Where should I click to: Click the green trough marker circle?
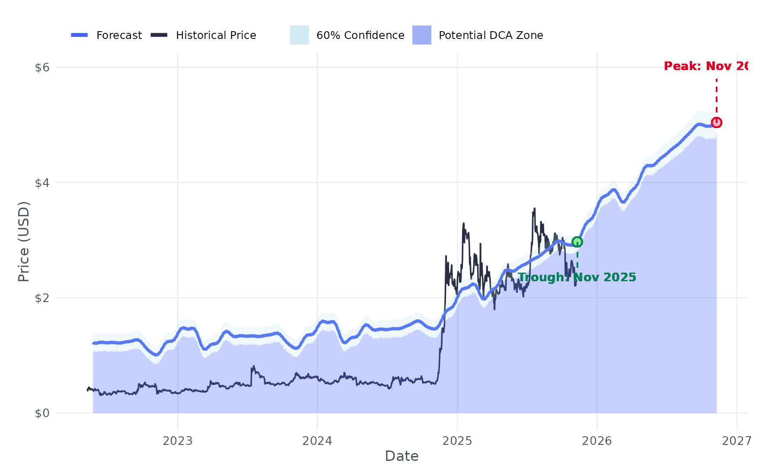(577, 242)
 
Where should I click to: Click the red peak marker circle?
(716, 122)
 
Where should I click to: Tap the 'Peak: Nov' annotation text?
(705, 66)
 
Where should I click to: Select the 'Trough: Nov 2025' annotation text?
(577, 277)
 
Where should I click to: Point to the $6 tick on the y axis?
(42, 68)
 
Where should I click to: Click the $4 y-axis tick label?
(42, 183)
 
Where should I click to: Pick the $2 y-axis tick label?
(42, 298)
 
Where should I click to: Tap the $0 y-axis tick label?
(42, 413)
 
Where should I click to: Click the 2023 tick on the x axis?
(177, 441)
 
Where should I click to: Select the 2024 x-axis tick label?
(317, 441)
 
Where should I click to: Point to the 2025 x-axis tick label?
(457, 441)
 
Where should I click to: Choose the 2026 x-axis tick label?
(597, 441)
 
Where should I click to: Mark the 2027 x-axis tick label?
(737, 441)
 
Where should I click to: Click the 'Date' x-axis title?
(402, 456)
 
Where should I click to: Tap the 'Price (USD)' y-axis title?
(24, 241)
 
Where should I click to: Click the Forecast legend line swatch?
(80, 35)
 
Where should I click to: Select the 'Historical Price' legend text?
(216, 35)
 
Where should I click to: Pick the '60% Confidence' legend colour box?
(299, 35)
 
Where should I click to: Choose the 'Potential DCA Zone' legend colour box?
(421, 35)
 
